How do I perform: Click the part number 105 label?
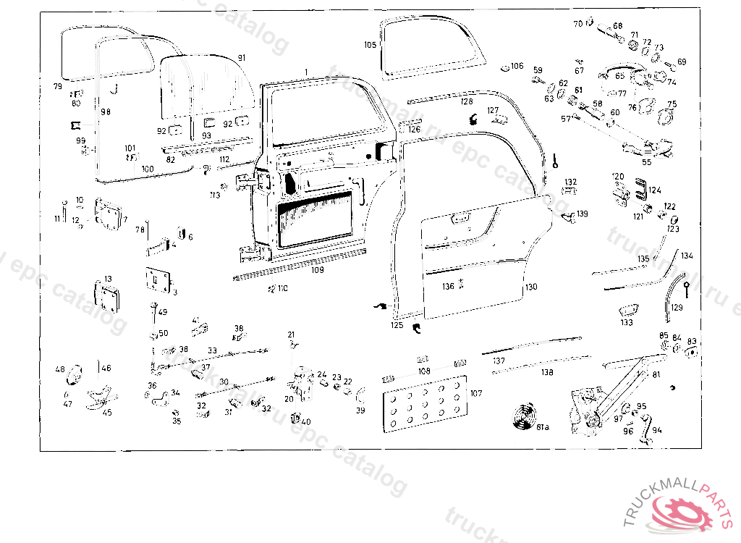click(370, 45)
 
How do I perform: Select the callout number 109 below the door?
click(317, 270)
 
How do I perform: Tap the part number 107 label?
click(475, 393)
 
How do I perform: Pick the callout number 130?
click(531, 287)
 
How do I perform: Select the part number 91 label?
click(242, 58)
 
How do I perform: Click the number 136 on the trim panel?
click(449, 287)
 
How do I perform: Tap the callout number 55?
click(646, 162)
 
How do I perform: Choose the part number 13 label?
click(108, 279)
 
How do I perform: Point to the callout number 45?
click(107, 413)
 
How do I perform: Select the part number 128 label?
click(467, 102)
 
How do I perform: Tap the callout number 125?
click(397, 326)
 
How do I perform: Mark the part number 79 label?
click(58, 86)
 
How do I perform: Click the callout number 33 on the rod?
click(212, 350)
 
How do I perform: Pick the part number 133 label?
click(626, 323)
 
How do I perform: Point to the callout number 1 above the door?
click(307, 71)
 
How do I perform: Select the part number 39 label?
click(360, 411)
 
